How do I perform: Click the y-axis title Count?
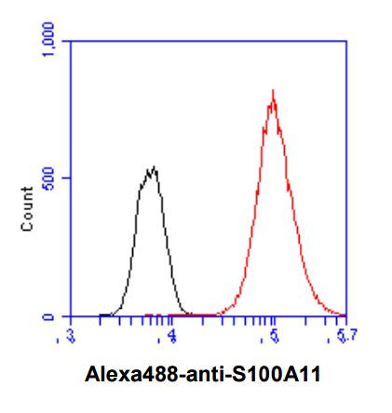[28, 208]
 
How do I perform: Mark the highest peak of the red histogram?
[272, 90]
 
